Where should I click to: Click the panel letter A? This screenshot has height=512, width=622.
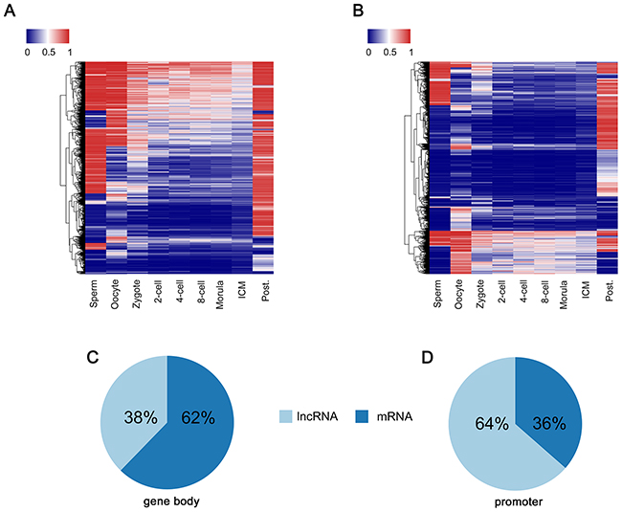click(x=10, y=11)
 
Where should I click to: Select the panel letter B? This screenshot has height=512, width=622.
click(x=358, y=11)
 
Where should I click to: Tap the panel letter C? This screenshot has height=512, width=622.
click(x=93, y=358)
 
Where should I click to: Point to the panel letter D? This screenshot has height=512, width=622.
click(x=427, y=358)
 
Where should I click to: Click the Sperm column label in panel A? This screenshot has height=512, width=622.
click(x=94, y=294)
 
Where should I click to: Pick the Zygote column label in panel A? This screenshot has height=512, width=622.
click(x=136, y=295)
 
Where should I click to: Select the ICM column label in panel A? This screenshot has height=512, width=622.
click(x=243, y=289)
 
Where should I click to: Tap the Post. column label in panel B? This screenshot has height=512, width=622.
click(x=611, y=290)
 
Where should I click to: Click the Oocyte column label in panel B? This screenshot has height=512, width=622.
click(x=458, y=294)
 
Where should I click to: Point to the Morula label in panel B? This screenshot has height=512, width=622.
click(x=564, y=295)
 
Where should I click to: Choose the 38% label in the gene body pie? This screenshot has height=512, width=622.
click(x=141, y=417)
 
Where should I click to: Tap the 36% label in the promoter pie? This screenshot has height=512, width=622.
click(x=549, y=424)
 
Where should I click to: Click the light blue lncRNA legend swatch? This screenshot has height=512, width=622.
click(x=285, y=416)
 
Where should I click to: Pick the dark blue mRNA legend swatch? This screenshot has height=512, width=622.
click(x=362, y=416)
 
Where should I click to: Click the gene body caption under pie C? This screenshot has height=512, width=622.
click(x=171, y=501)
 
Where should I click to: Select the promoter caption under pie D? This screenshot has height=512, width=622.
click(x=519, y=502)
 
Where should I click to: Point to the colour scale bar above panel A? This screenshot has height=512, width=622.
click(x=48, y=35)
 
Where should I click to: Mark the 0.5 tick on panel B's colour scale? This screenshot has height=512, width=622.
click(x=390, y=52)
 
